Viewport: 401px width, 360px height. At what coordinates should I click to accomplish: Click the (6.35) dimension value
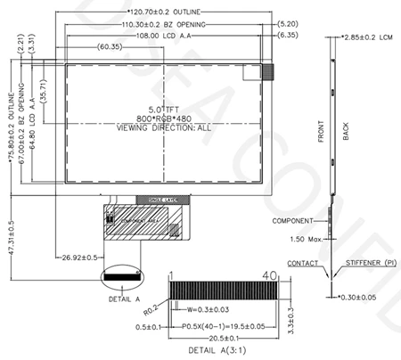pos(287,35)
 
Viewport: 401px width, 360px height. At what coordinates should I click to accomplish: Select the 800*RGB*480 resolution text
pos(165,119)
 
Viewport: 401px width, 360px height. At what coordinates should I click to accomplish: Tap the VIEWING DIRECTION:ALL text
pos(165,128)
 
